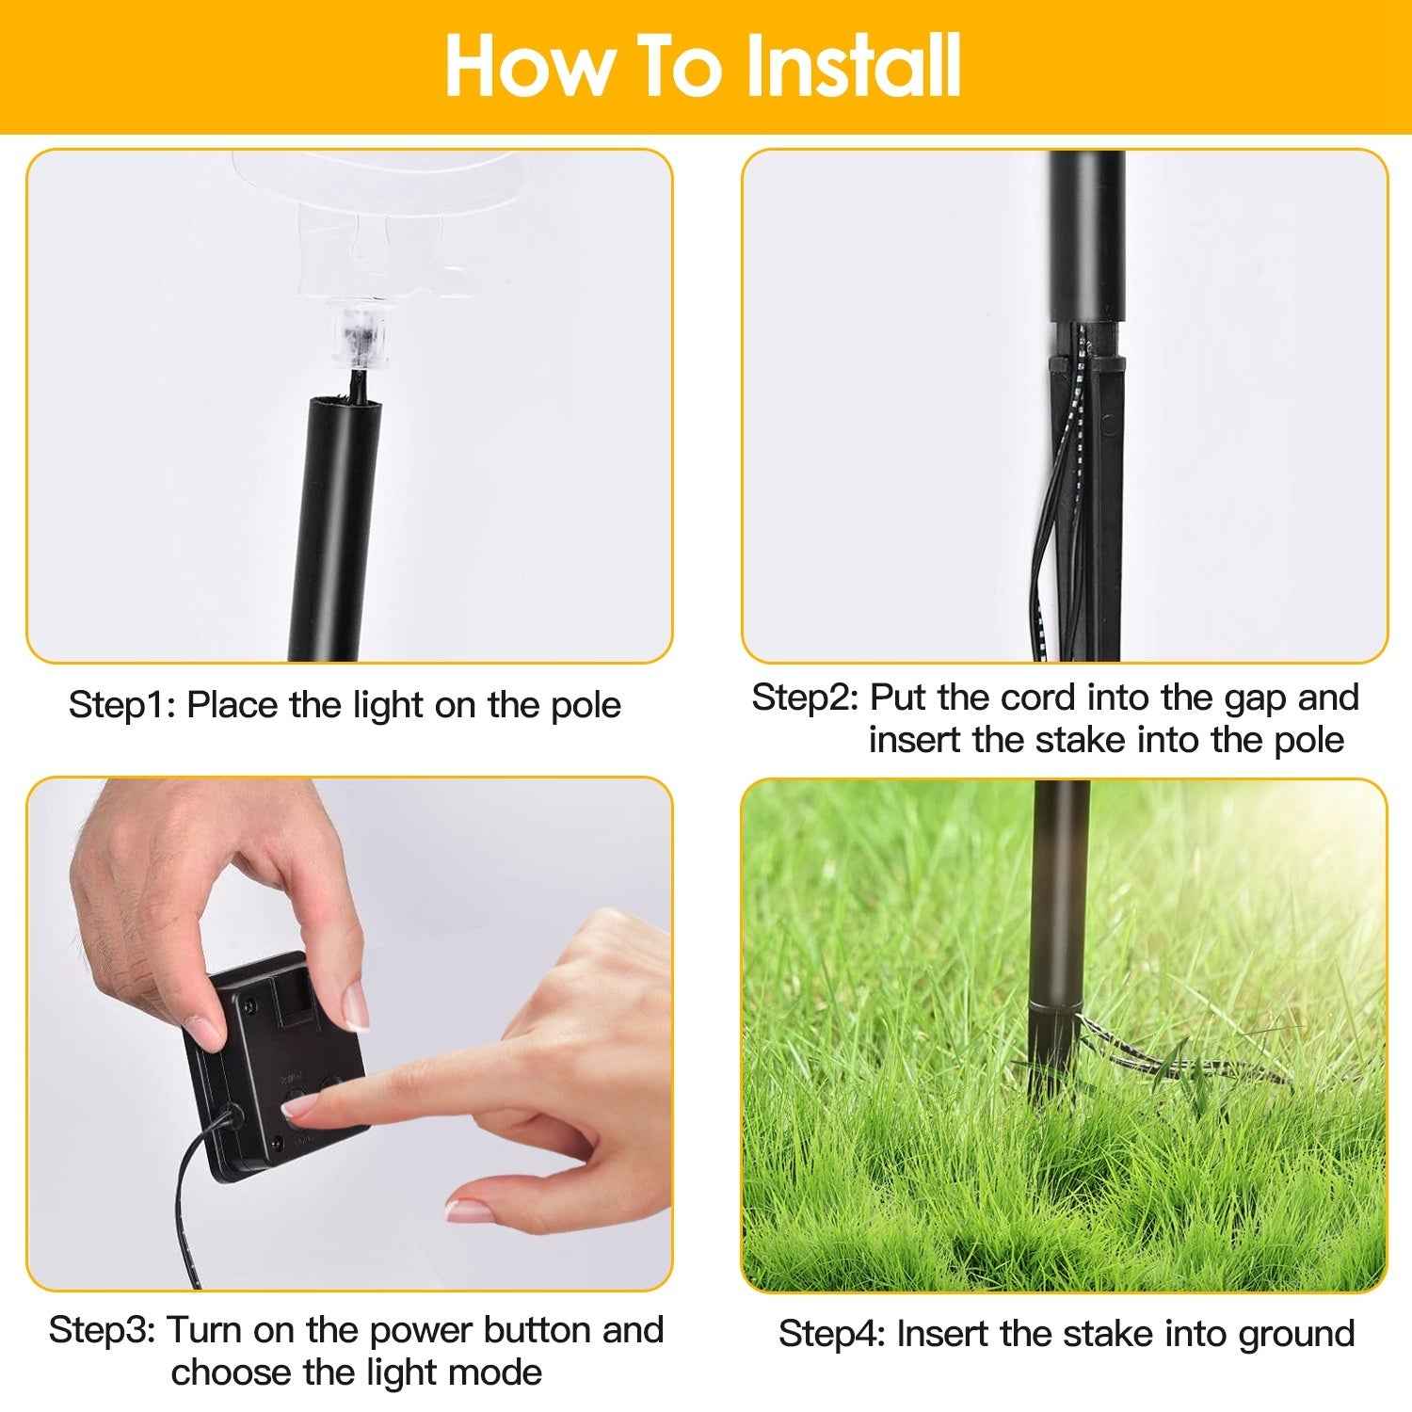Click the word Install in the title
pos(852,66)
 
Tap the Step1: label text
pos(122,705)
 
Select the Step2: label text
pos(805,698)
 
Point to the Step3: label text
pos(102,1330)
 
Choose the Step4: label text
pos(831,1334)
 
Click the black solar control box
pos(273,1064)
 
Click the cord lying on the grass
pos(1186,1064)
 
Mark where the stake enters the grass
pos(1050,1068)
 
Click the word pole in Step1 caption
pos(586,705)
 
